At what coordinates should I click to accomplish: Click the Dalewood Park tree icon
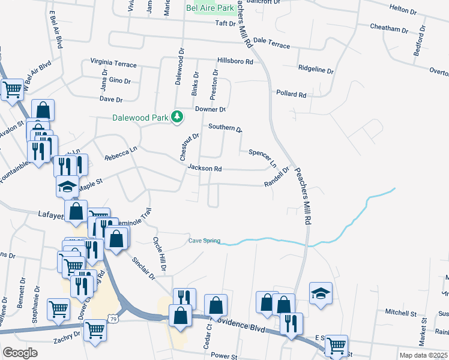(177, 116)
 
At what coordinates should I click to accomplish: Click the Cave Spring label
(204, 241)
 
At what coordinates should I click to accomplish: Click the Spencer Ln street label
(262, 157)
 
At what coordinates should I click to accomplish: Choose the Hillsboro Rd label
(235, 61)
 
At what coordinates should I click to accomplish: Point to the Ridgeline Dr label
(316, 70)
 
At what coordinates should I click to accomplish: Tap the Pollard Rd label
(291, 94)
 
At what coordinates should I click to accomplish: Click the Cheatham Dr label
(389, 28)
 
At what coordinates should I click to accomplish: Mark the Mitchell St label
(401, 313)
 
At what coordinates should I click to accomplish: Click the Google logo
(20, 352)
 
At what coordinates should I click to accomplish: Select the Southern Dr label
(224, 127)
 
